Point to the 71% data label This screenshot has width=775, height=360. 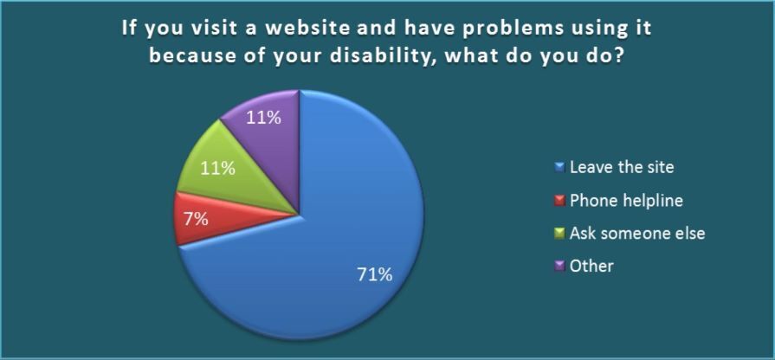tap(375, 274)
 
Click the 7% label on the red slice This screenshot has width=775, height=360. tap(196, 219)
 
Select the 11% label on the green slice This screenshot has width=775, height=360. tap(217, 169)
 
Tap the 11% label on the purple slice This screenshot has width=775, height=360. tap(263, 118)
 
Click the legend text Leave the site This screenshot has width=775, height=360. tap(622, 167)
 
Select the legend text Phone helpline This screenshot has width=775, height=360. tap(626, 201)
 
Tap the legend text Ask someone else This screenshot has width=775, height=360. tap(637, 233)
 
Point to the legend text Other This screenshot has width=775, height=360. tap(591, 267)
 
